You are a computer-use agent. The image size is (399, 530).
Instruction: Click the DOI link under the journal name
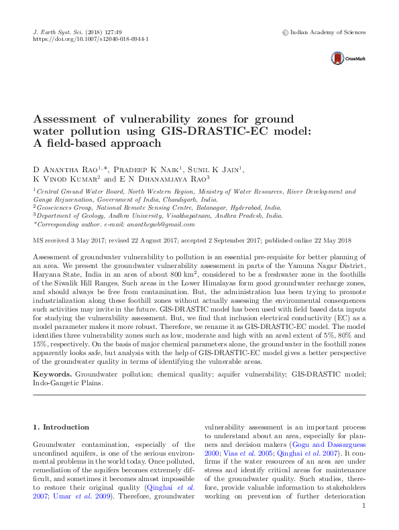[x=91, y=40]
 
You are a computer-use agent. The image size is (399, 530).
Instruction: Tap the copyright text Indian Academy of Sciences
[x=327, y=31]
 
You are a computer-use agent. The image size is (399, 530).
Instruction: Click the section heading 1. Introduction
[x=61, y=427]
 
